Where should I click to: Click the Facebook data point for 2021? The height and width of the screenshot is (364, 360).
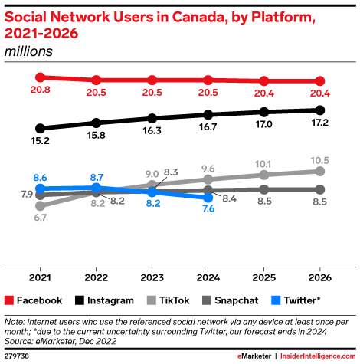[x=40, y=77]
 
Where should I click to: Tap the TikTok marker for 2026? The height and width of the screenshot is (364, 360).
[x=320, y=171]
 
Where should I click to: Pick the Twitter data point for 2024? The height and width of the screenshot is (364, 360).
[x=208, y=198]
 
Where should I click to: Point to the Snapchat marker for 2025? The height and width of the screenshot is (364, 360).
[x=264, y=189]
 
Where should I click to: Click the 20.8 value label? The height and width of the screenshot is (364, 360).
[x=41, y=91]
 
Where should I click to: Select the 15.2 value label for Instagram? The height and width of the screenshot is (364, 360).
[x=41, y=141]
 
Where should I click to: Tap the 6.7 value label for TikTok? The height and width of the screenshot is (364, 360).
[x=41, y=218]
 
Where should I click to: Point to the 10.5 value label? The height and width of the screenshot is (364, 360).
[x=320, y=159]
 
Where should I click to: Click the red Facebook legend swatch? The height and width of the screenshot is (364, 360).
[x=10, y=300]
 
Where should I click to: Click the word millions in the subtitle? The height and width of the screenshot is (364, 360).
[x=28, y=51]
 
